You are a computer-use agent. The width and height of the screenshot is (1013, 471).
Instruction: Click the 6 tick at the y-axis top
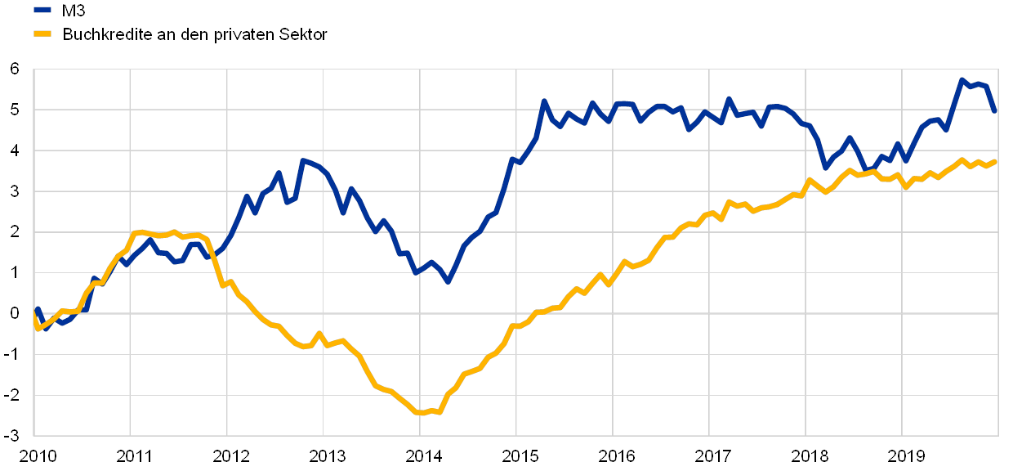click(x=15, y=70)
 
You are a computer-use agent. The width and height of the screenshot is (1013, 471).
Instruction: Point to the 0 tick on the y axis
click(x=15, y=313)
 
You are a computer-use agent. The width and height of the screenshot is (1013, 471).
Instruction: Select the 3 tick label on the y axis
click(x=15, y=191)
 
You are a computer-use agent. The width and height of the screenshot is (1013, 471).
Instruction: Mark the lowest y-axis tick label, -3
click(x=15, y=434)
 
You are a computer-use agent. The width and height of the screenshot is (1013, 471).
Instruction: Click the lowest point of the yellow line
click(x=420, y=413)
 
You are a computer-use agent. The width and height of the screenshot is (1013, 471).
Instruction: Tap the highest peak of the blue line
click(x=962, y=80)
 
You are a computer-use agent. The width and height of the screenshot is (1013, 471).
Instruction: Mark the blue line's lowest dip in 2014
click(x=447, y=281)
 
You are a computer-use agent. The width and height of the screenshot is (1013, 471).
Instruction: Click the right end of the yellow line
click(x=997, y=161)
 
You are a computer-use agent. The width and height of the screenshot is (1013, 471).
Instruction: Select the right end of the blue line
click(x=996, y=112)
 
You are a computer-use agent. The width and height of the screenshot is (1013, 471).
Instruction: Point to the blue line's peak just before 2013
click(x=302, y=160)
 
